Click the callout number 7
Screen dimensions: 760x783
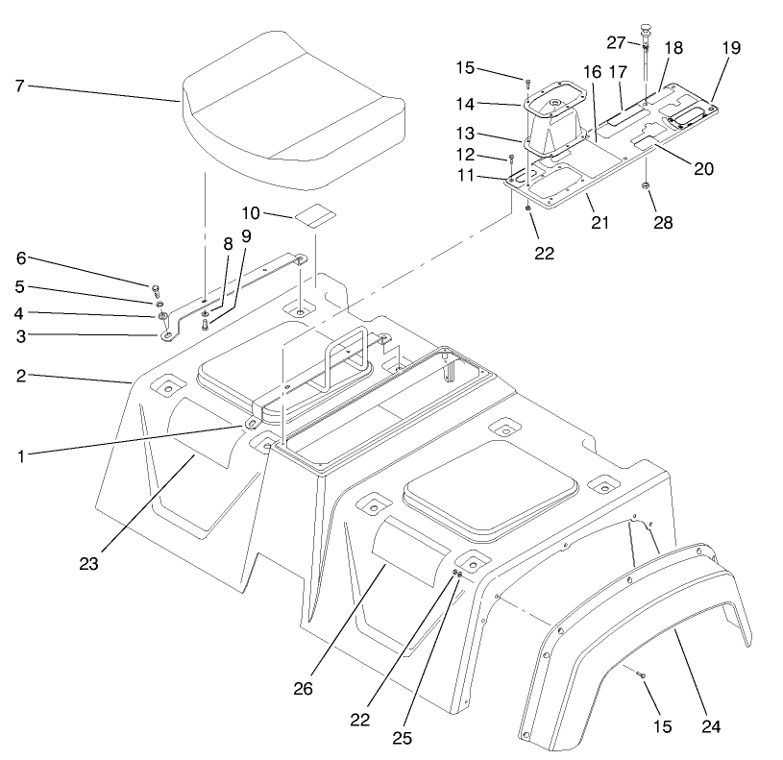pyautogui.click(x=19, y=86)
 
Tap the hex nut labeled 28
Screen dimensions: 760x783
pyautogui.click(x=646, y=184)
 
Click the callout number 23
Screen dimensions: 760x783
pyautogui.click(x=89, y=564)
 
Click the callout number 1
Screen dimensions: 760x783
pyautogui.click(x=19, y=457)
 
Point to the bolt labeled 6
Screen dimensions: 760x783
pyautogui.click(x=155, y=286)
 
